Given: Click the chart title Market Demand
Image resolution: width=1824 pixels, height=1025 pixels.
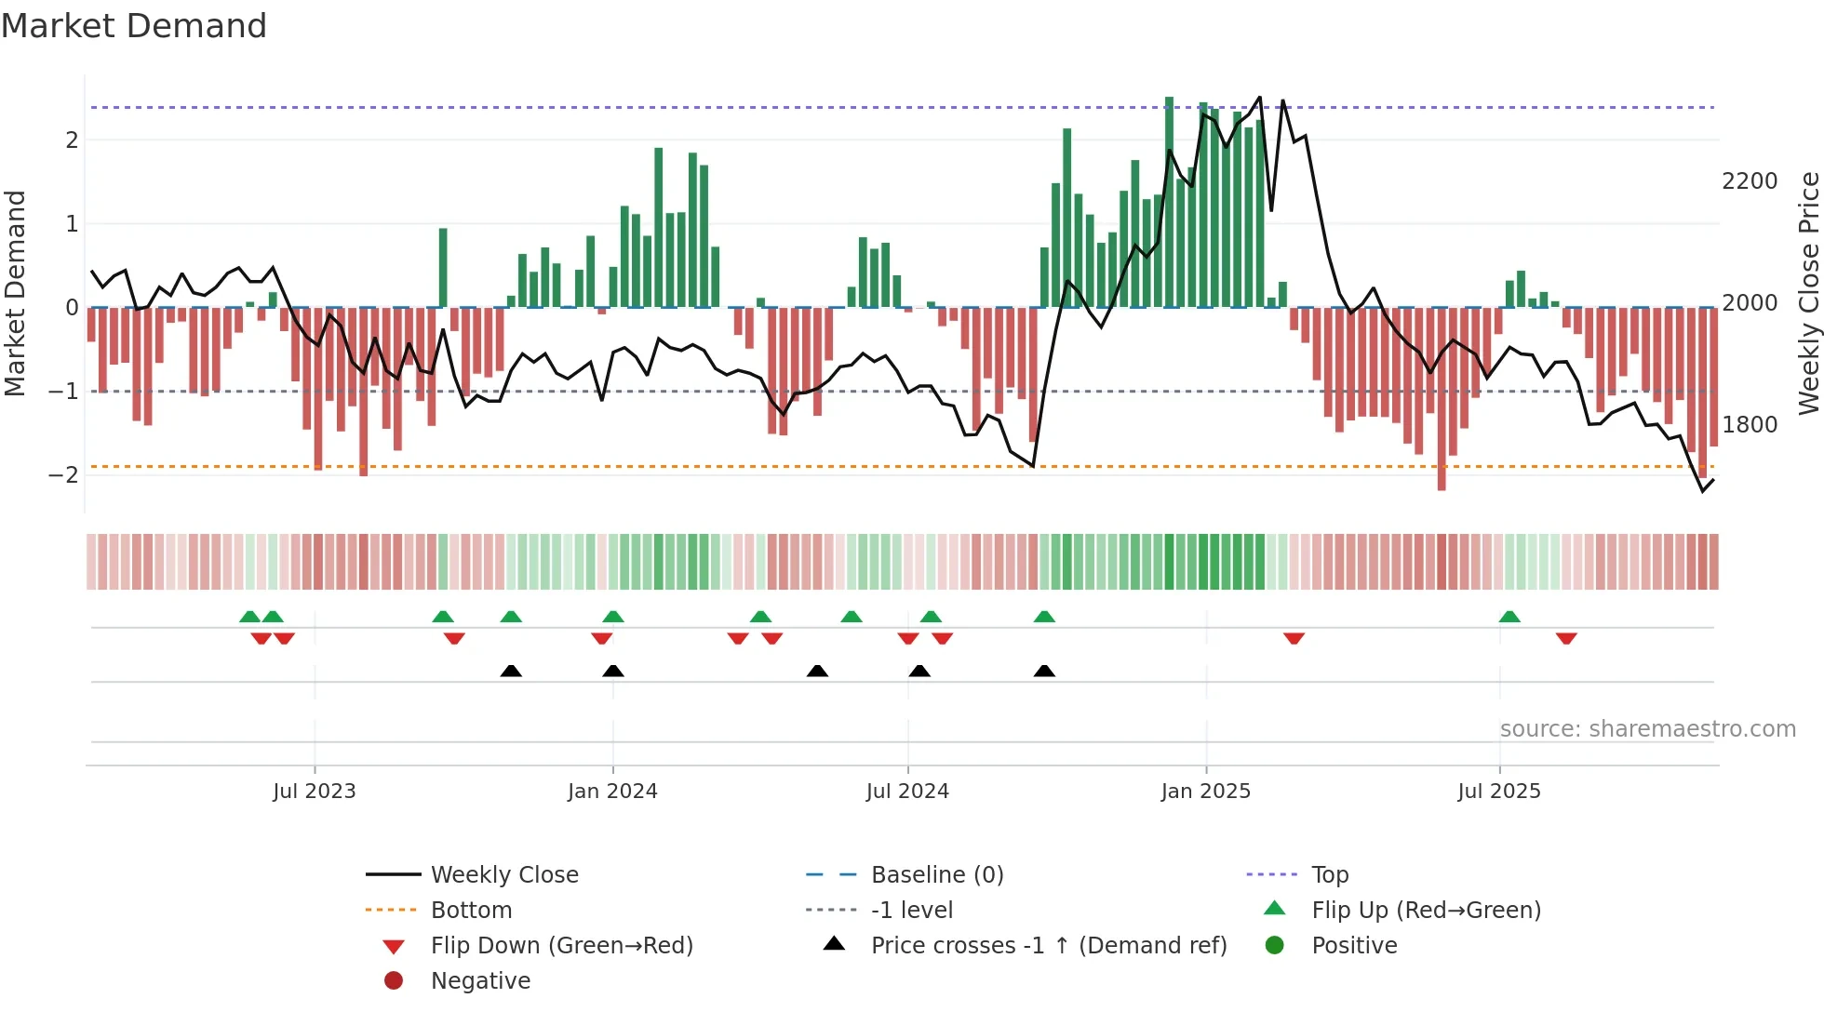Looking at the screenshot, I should coord(134,26).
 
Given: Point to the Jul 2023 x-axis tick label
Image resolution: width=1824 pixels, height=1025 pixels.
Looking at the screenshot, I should coord(315,792).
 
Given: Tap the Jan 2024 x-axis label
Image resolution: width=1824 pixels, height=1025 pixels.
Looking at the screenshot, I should coord(612,792).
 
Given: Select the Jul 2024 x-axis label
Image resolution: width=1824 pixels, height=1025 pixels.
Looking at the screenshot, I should coord(907,792).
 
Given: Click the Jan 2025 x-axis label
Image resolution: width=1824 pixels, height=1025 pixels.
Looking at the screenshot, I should coord(1206,792).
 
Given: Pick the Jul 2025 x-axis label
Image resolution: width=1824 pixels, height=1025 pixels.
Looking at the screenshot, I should coord(1499,792).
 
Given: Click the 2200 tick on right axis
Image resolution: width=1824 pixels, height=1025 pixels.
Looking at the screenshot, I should coord(1750,181).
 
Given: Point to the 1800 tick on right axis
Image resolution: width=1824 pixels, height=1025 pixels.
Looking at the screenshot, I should coord(1750,425).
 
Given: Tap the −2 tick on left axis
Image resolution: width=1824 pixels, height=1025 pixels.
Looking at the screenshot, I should coord(63,475).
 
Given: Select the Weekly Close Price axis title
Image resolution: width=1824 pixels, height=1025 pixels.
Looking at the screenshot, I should coord(1808,293).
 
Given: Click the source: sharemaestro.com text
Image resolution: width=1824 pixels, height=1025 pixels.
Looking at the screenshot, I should coord(1648,729).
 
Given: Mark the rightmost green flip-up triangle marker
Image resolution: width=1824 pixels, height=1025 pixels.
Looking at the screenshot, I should coord(1509,617).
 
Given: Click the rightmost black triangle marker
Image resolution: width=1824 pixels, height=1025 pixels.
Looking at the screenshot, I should coord(1044,672).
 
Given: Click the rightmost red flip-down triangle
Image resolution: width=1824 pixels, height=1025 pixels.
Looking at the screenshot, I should coord(1566,638).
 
